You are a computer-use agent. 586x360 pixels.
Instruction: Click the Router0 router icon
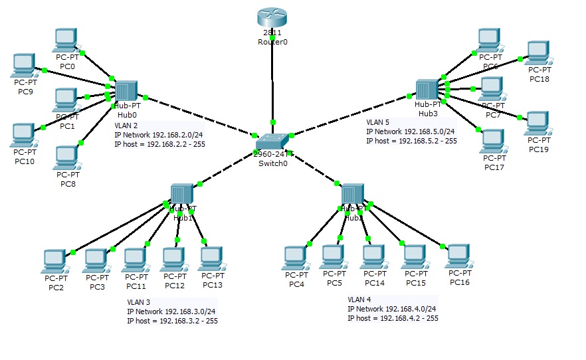click(x=272, y=17)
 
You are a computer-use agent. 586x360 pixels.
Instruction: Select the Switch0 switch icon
click(x=272, y=141)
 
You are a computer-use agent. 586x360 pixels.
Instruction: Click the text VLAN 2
click(x=126, y=126)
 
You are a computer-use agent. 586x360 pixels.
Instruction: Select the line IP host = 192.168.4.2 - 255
click(x=392, y=318)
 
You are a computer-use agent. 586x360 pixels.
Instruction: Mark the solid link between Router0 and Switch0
click(x=272, y=86)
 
